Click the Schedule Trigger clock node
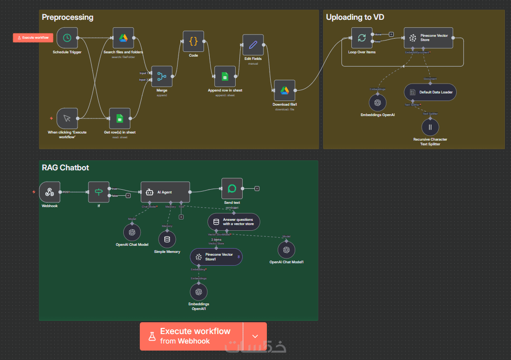coord(67,38)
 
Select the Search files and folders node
coord(123,38)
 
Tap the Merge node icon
coord(162,76)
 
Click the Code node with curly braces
coord(193,41)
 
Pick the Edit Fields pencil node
coord(253,45)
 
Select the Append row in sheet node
coord(225,76)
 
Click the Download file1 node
coord(284,90)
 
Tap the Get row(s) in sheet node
coord(119,118)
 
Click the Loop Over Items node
coord(362,38)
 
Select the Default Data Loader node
coord(430,92)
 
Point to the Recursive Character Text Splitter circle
coord(430,127)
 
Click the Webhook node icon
coord(50,192)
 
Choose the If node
coord(99,192)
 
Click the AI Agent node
coord(165,193)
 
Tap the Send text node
coord(232,189)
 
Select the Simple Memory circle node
coord(167,239)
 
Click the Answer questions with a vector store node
coord(234,222)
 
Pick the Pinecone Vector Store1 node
coord(216,257)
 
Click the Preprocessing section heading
coord(68,17)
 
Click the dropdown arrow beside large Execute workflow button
coord(255,336)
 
